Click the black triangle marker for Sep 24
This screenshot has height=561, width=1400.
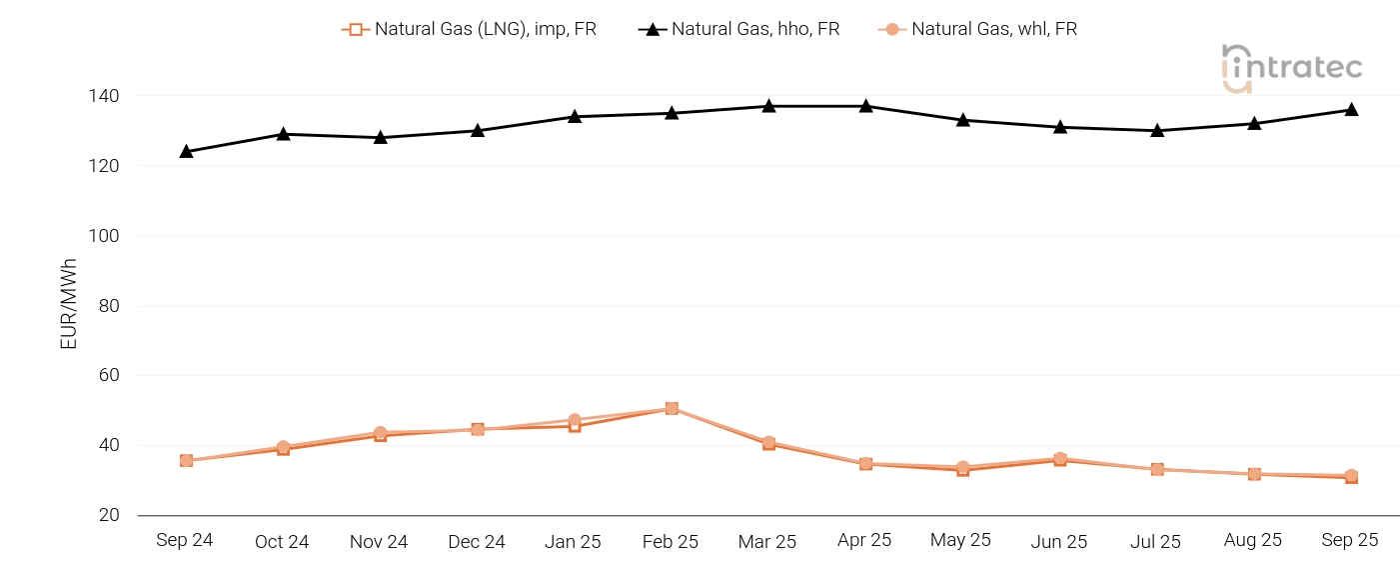186,151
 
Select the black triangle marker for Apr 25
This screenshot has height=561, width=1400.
866,105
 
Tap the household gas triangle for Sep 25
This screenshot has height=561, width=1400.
1351,109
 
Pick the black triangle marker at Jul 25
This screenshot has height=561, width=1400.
1157,130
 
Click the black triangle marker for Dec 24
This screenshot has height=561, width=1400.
478,130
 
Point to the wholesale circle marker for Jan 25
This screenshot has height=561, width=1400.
575,420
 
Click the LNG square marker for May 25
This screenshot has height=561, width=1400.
963,470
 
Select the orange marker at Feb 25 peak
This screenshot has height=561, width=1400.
672,408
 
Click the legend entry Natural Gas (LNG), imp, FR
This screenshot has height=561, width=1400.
469,29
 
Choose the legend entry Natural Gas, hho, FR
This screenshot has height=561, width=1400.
739,29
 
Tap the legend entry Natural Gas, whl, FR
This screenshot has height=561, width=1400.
978,29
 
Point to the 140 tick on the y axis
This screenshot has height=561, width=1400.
105,96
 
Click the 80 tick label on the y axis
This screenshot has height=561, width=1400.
109,306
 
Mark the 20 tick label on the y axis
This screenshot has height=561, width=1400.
109,515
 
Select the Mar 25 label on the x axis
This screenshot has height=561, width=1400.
767,541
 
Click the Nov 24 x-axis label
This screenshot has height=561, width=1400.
379,541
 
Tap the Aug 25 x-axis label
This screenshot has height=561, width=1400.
1253,540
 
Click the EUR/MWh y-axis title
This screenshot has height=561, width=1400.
69,304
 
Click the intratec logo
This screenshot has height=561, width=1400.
1292,68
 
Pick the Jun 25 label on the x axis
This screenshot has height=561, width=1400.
1059,541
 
